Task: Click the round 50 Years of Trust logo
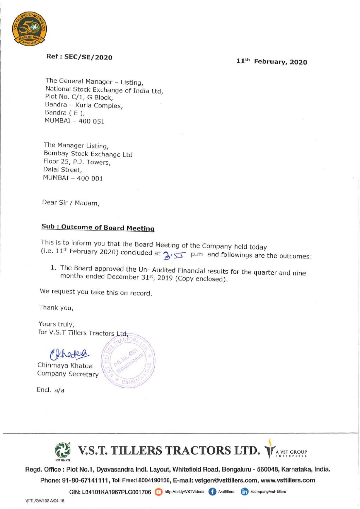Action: click(x=30, y=30)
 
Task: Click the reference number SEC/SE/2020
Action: click(x=88, y=57)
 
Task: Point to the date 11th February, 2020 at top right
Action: click(x=272, y=62)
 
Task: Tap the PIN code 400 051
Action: click(x=91, y=121)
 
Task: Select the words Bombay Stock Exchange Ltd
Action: click(x=88, y=154)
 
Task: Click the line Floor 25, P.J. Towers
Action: click(x=77, y=162)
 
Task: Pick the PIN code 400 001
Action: click(x=90, y=178)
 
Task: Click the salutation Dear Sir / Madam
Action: click(x=71, y=203)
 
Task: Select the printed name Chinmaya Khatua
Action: click(x=65, y=366)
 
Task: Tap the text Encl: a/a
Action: click(x=50, y=390)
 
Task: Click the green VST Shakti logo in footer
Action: click(x=63, y=451)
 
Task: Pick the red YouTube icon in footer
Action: click(x=158, y=492)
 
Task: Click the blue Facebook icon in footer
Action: click(x=212, y=492)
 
